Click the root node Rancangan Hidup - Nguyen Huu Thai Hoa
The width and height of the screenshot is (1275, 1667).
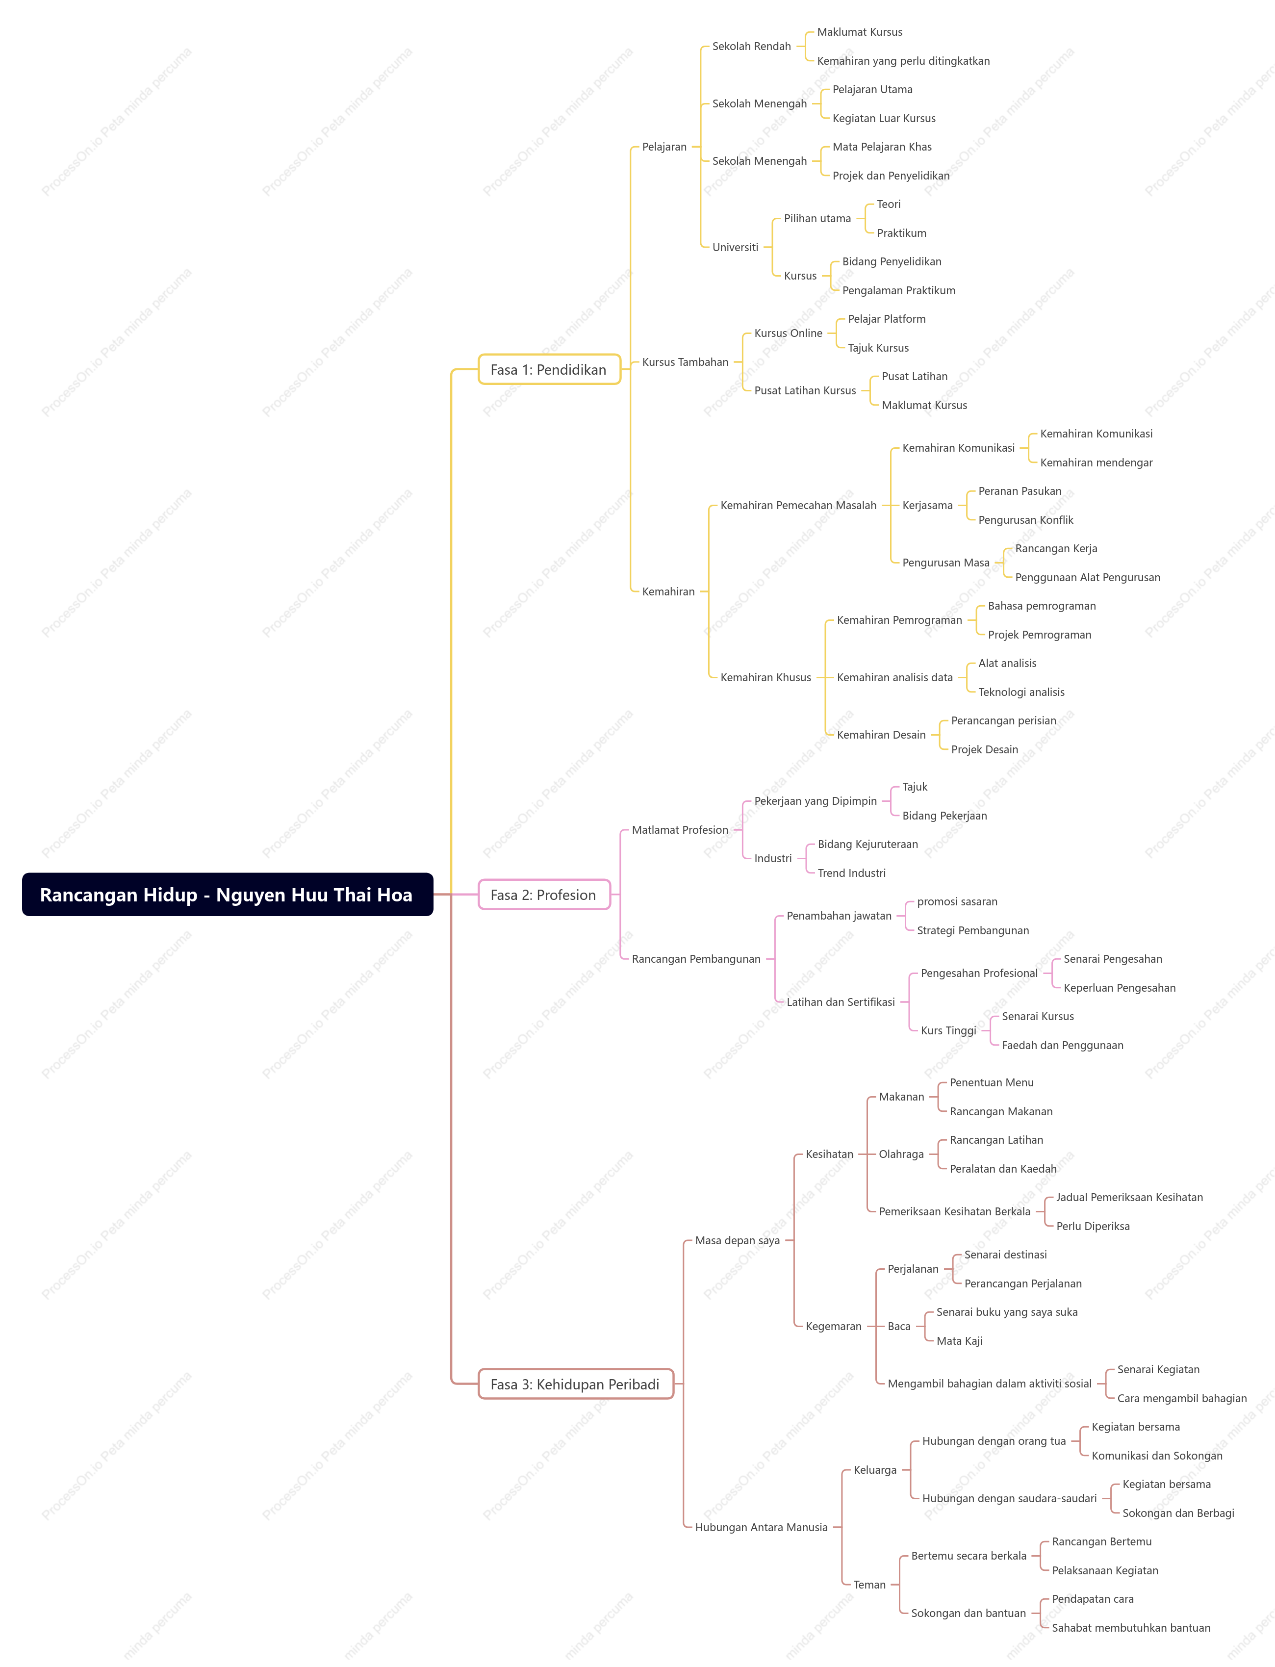pos(227,894)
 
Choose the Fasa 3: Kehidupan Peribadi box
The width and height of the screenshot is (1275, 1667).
pos(575,1384)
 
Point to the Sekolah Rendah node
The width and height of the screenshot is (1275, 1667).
pos(751,46)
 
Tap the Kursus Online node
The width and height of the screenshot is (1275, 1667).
pos(788,333)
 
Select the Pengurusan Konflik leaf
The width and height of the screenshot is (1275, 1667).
pos(1025,520)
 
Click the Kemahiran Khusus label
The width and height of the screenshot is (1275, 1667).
pos(765,677)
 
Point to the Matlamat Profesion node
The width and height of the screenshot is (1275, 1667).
pos(679,830)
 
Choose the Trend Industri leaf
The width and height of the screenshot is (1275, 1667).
pos(851,873)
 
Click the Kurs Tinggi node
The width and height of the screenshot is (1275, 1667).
pos(948,1030)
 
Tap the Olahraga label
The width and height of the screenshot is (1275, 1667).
pos(901,1154)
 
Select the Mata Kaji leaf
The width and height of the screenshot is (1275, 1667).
pos(959,1340)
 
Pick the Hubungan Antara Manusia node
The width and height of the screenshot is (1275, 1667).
pos(761,1527)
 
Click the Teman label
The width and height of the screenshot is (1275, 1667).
pos(869,1584)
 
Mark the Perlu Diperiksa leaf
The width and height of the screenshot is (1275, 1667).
pos(1092,1226)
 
